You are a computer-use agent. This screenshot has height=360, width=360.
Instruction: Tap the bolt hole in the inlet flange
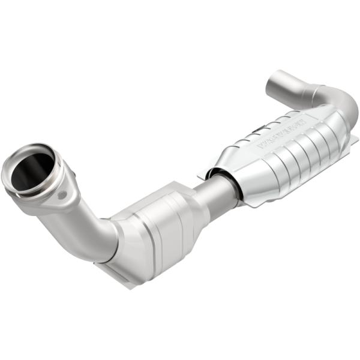pyautogui.click(x=63, y=194)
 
